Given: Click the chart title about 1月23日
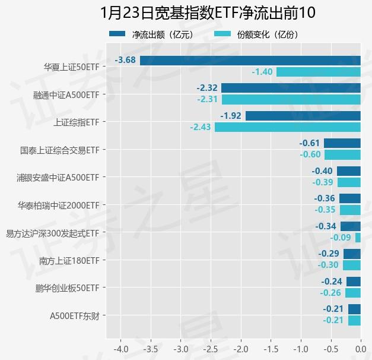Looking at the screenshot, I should point(208,13).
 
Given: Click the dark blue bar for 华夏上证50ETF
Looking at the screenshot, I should point(250,60).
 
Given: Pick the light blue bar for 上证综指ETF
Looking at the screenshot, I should point(288,127).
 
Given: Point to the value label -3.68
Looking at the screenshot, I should point(126,60).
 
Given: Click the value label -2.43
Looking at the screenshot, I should point(200,127).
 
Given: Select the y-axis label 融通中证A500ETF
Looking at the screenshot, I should point(66,94).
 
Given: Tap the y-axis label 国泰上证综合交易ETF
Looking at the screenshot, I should point(59,150).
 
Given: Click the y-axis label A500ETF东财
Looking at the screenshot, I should point(74,315).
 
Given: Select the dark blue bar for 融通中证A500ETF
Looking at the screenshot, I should point(291,88).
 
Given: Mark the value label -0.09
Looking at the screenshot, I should point(340,238).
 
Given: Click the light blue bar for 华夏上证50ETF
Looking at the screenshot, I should point(319,72).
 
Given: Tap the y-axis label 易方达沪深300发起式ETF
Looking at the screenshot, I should point(52,233).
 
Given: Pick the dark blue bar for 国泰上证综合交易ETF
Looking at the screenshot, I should point(342,143).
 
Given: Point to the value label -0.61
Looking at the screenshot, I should point(310,143).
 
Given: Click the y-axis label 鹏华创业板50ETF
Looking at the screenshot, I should point(67,288).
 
